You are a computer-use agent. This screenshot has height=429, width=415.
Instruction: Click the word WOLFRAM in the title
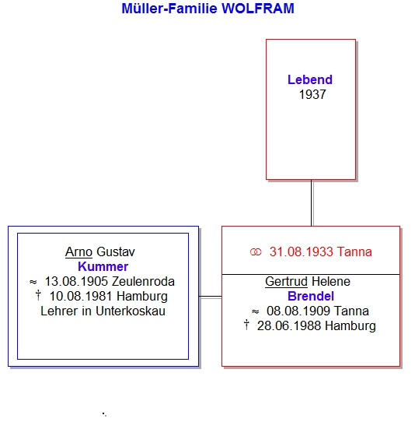click(258, 9)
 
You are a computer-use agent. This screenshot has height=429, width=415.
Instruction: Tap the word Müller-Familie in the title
click(169, 9)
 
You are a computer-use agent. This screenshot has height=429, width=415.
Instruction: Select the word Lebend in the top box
click(310, 79)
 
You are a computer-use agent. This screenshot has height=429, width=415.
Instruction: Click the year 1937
click(312, 95)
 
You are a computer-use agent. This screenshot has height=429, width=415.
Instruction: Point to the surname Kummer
click(103, 266)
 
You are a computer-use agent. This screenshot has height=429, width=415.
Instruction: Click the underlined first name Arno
click(78, 252)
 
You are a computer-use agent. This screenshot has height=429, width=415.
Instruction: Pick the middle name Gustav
click(116, 252)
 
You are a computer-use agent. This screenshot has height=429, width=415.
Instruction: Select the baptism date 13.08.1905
click(76, 282)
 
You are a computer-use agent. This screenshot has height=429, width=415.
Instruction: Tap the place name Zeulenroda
click(143, 282)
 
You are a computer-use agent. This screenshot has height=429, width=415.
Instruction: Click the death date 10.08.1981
click(81, 297)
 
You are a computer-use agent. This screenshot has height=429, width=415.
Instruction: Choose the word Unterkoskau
click(131, 311)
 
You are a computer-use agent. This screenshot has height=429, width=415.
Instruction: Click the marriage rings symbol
click(256, 252)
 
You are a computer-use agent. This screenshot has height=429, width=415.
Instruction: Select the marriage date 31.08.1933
click(302, 252)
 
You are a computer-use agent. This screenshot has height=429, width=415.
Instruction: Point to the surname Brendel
click(311, 297)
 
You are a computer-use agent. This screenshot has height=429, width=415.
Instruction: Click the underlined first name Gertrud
click(287, 282)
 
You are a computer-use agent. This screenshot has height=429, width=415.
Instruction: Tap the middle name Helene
click(331, 282)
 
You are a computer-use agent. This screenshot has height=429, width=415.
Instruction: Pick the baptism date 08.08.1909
click(298, 311)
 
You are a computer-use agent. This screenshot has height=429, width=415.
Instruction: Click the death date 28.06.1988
click(289, 326)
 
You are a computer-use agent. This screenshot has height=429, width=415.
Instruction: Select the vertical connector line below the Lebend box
click(312, 203)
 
